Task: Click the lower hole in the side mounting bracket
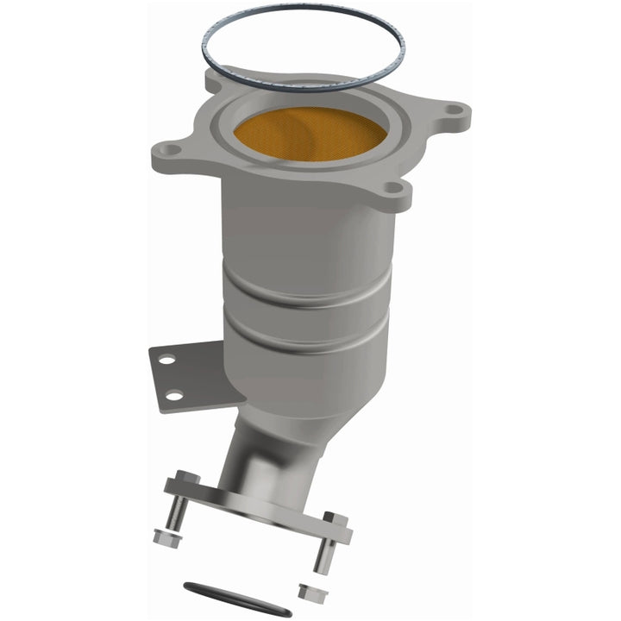coord(175,395)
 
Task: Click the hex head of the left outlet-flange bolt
coord(187,477)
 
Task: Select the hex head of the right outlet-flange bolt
coord(335,520)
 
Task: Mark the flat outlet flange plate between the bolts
coord(259,504)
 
